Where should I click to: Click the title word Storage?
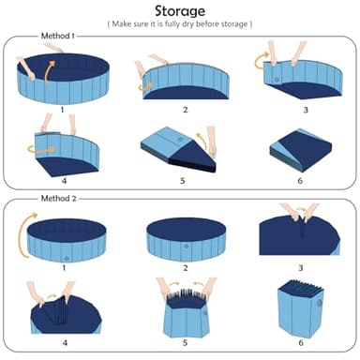point(180,11)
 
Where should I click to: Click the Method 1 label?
point(58,36)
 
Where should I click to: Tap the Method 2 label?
point(59,199)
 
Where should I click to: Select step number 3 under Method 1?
point(306,110)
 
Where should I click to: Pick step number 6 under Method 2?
point(301,343)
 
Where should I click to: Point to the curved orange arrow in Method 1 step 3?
point(260,60)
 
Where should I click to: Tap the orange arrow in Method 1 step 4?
point(40,150)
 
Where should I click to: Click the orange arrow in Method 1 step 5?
point(203,140)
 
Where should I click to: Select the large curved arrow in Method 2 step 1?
point(22,234)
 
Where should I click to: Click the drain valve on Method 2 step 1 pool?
point(66,259)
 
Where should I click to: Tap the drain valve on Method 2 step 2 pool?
point(186,247)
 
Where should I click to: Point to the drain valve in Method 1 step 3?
point(277,80)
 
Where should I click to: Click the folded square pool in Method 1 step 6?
point(301,150)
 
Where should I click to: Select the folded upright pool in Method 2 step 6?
point(301,307)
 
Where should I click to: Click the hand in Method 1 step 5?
point(212,141)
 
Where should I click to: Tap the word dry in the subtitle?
point(187,24)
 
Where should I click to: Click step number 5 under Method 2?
point(185,343)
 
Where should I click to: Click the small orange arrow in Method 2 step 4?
point(52,295)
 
